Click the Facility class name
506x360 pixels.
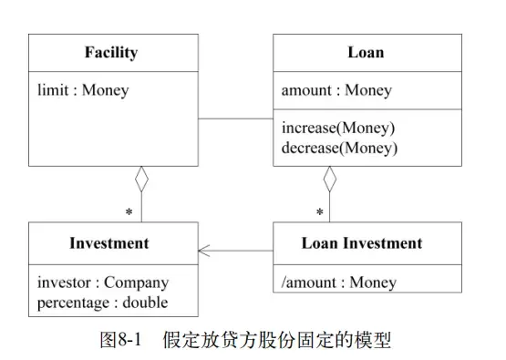point(112,53)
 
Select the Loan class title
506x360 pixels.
point(365,53)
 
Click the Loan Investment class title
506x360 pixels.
point(362,243)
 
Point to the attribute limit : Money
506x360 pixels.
point(83,90)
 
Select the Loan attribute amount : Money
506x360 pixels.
point(336,90)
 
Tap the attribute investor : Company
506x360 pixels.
point(103,282)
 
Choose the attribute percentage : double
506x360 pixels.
point(103,301)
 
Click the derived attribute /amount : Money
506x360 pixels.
point(338,282)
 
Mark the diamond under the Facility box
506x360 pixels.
point(141,180)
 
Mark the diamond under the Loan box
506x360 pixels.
point(330,180)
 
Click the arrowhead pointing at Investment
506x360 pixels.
point(204,250)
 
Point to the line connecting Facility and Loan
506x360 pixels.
point(236,118)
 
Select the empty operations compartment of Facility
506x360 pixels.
point(112,137)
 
